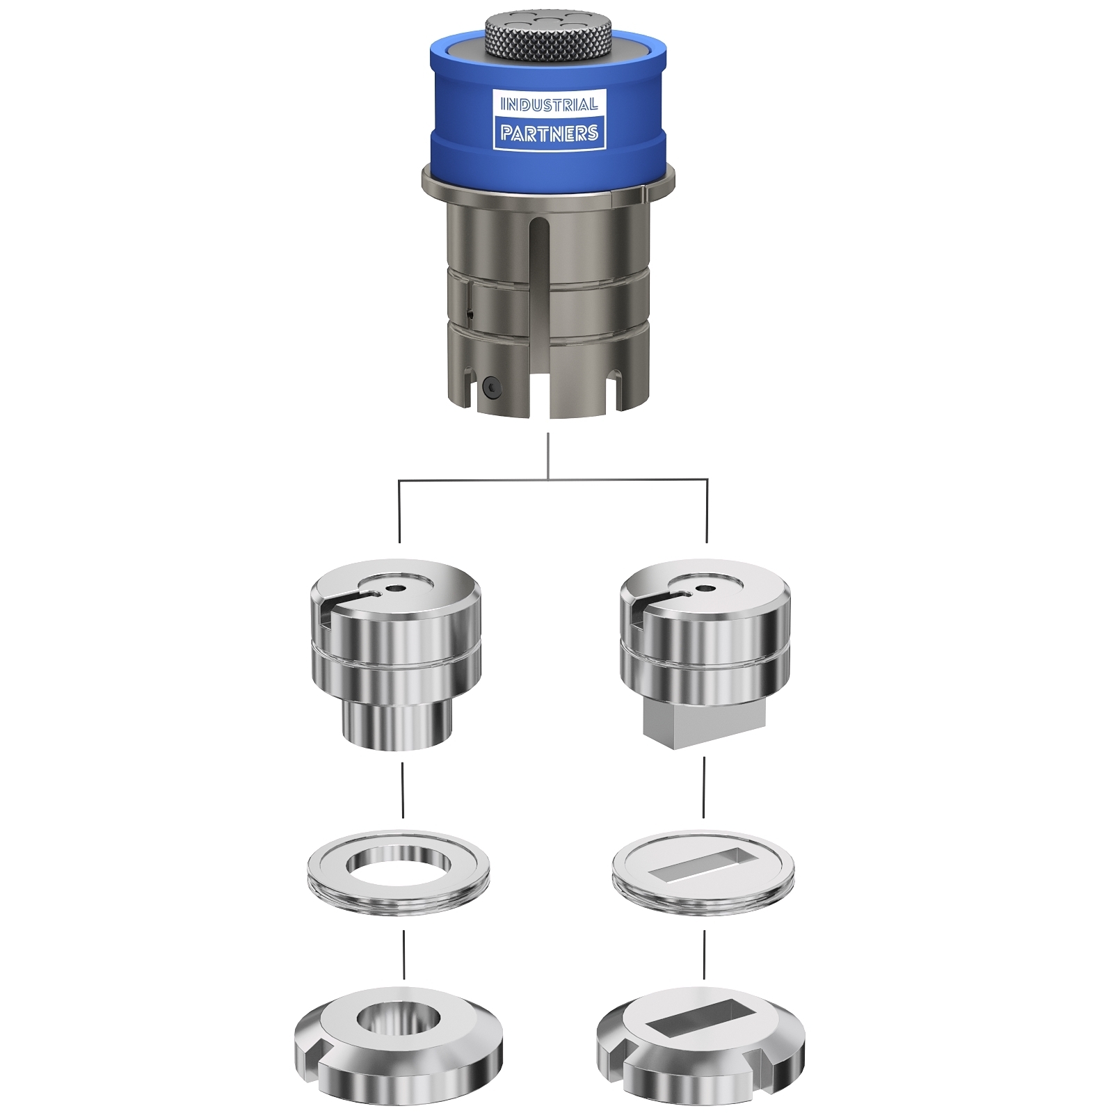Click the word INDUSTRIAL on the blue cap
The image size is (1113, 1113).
coord(549,104)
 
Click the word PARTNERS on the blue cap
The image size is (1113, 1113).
coord(549,133)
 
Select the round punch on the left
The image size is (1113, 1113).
coord(395,654)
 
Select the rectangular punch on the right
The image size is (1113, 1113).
coord(705,654)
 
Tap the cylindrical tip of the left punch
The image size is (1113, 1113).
coord(397,727)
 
